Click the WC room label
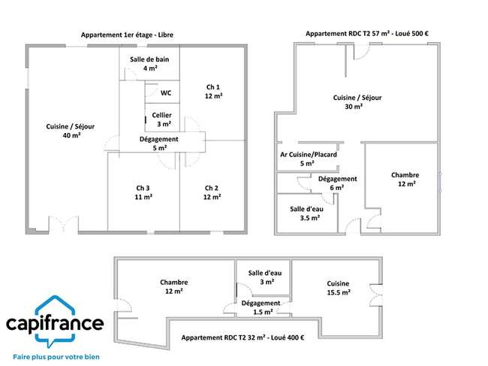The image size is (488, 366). tap(166, 93)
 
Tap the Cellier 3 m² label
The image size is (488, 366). tap(162, 119)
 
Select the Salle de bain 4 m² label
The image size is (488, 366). tap(149, 64)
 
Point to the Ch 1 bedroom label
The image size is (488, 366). tap(213, 92)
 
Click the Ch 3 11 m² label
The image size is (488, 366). tap(143, 192)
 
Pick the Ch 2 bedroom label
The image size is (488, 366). tap(212, 192)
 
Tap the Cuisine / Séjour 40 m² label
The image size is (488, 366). tap(71, 131)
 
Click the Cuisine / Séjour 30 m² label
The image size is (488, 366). tap(357, 102)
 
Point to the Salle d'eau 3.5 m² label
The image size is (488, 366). tap(306, 213)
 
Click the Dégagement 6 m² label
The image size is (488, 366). tap(337, 183)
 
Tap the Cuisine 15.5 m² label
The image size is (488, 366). tap(339, 288)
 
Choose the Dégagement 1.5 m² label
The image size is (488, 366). tap(261, 307)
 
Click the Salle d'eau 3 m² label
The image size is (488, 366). tap(265, 277)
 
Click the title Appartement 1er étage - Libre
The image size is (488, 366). tap(127, 35)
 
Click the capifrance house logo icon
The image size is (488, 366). tap(55, 322)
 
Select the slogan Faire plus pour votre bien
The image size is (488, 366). tap(56, 357)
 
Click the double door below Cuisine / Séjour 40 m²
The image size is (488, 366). tap(64, 224)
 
